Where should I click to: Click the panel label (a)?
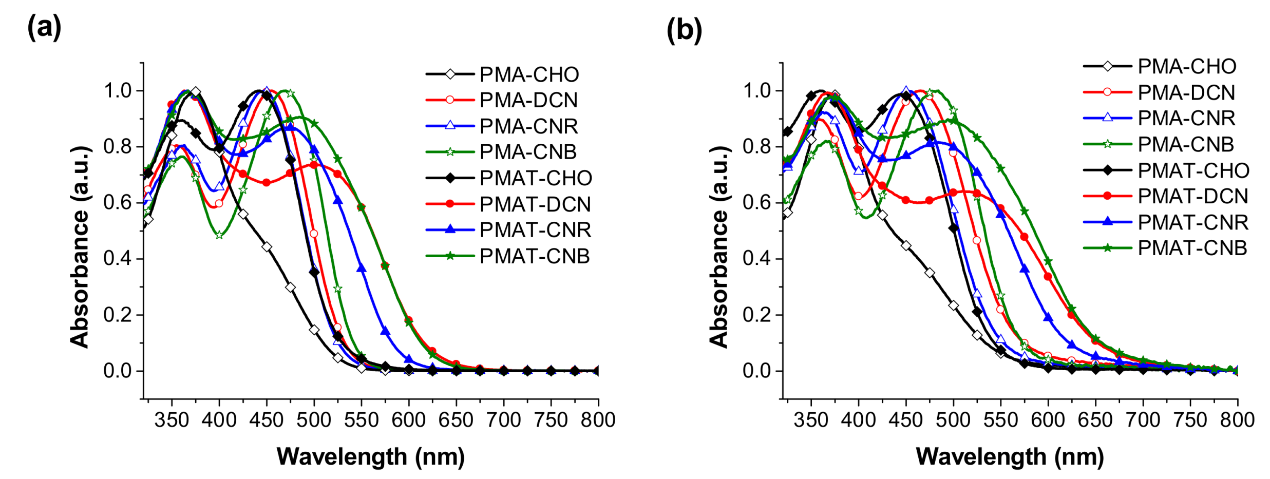pos(44,27)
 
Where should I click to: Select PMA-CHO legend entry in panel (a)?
pos(529,74)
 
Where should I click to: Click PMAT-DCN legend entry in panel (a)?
pos(535,204)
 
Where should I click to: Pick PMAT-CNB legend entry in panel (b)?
pos(1192,248)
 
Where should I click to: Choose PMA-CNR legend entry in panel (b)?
pos(1186,118)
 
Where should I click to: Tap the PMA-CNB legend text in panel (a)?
pos(528,152)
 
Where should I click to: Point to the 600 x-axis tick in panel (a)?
pos(409,420)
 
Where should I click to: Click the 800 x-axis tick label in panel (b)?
pos(1237,420)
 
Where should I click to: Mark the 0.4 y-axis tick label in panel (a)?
pos(117,258)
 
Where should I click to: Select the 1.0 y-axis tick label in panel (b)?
pos(756,91)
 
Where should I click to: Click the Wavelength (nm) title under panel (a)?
pos(370,456)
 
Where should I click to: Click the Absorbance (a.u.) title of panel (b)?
pos(719,246)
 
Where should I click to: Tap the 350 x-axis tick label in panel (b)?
pos(811,420)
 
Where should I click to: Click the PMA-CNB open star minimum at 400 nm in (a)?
pos(219,235)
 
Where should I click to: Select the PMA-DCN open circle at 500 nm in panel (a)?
pos(314,234)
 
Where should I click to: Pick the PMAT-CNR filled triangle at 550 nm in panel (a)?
pos(362,268)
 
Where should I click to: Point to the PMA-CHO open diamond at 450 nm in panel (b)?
pos(906,246)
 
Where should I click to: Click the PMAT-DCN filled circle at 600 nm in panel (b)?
pos(1048,277)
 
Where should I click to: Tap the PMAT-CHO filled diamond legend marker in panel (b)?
pos(1107,170)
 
